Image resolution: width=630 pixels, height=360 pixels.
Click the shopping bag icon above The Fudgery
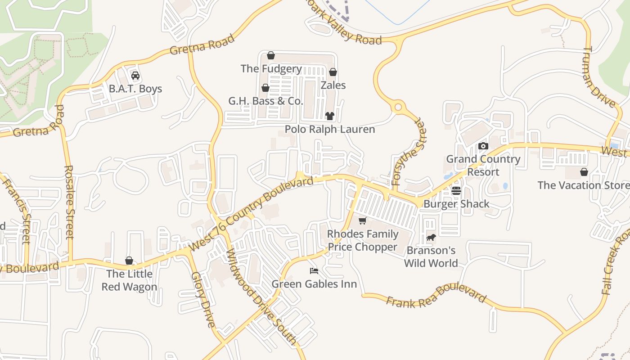270,55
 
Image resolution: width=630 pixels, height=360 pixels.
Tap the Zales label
333,85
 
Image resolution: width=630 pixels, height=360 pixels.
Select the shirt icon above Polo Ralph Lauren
330,116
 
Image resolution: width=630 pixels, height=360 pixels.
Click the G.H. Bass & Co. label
265,101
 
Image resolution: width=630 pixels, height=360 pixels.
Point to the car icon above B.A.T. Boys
135,75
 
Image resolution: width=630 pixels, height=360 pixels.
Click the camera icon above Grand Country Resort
483,146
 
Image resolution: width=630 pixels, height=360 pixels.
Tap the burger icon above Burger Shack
456,191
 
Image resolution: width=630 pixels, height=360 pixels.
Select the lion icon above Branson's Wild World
431,238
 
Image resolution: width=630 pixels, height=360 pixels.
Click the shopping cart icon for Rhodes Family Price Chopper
362,220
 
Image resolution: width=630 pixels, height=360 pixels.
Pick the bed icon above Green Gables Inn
314,271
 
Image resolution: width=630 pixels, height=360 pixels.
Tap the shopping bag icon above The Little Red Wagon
129,261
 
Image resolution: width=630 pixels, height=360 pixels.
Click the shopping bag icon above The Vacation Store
584,172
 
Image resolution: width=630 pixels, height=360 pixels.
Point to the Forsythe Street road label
409,152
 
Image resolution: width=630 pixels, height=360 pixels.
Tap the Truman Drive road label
599,77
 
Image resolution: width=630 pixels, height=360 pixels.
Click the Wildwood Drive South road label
261,297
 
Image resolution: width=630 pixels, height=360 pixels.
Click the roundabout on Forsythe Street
398,108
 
